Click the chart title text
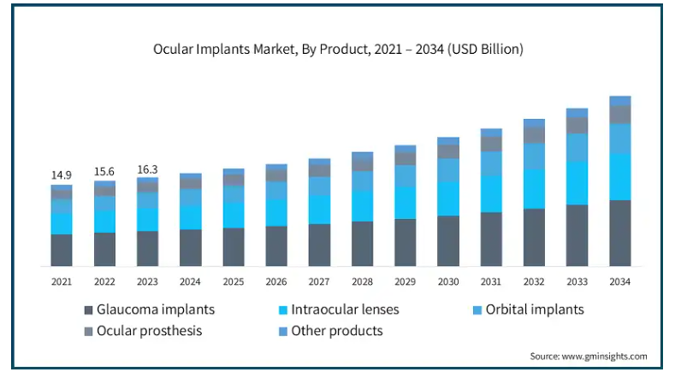click(x=338, y=50)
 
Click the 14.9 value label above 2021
click(x=61, y=175)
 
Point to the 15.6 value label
click(x=104, y=172)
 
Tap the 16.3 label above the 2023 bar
click(x=147, y=169)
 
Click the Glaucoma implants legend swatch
click(x=88, y=310)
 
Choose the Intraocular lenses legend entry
click(x=345, y=310)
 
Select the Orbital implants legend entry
click(x=535, y=310)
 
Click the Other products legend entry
click(x=337, y=330)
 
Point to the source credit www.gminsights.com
click(x=589, y=356)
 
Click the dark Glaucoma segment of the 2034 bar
click(x=619, y=233)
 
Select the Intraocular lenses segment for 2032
click(x=534, y=188)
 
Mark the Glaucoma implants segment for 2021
click(x=61, y=250)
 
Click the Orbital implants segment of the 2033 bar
click(x=577, y=147)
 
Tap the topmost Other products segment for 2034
click(x=619, y=100)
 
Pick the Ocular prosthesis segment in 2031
click(x=491, y=144)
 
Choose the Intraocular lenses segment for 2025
click(x=234, y=215)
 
